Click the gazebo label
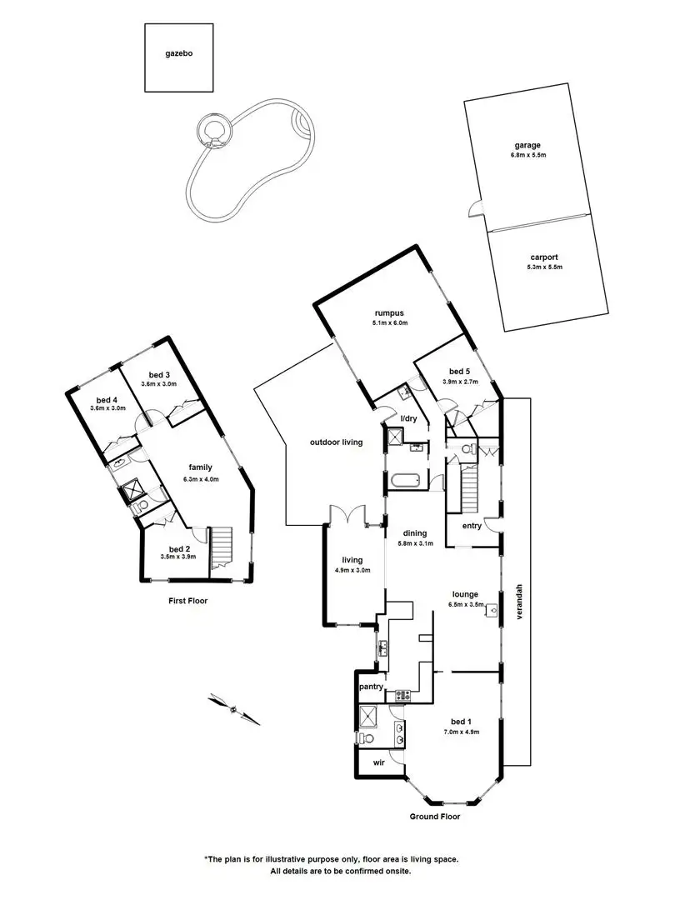[x=178, y=53]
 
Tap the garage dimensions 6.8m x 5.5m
[x=527, y=155]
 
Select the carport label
[x=544, y=257]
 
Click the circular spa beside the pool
[x=214, y=131]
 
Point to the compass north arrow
[x=233, y=709]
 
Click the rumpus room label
[x=389, y=313]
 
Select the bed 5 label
[x=460, y=372]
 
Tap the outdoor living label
[x=337, y=442]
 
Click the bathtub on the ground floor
[x=405, y=480]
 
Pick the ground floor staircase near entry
[x=470, y=490]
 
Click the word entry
[x=472, y=527]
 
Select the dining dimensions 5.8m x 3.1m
[x=414, y=543]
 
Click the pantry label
[x=371, y=687]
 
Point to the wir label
[x=379, y=762]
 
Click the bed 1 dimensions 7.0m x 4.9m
[x=462, y=732]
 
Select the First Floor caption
[x=187, y=601]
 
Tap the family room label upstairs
[x=200, y=467]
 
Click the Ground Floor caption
[x=434, y=817]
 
